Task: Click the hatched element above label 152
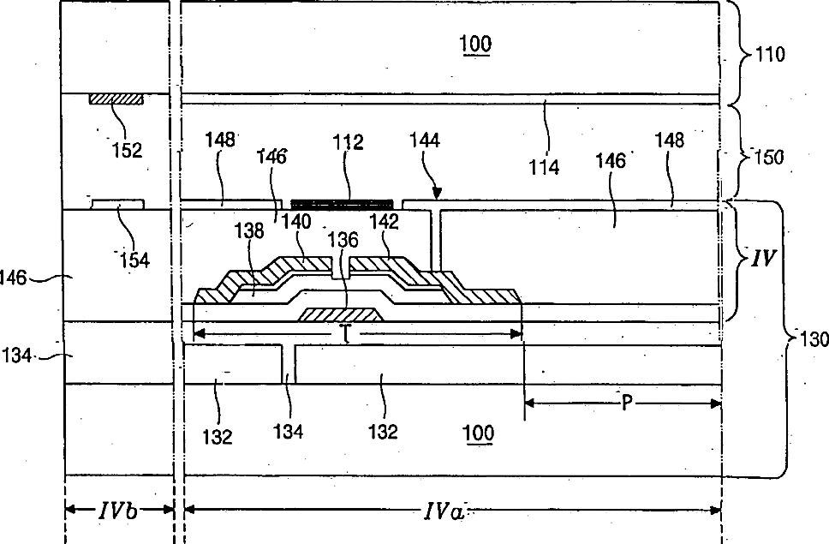click(116, 99)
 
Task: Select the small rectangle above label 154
click(117, 204)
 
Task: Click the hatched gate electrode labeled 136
click(341, 314)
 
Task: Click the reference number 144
click(428, 140)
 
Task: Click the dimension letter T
click(345, 336)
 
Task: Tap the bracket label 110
click(768, 55)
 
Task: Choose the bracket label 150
click(768, 158)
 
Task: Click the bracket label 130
click(812, 339)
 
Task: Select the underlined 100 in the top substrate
click(477, 45)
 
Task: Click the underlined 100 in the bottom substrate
click(477, 433)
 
